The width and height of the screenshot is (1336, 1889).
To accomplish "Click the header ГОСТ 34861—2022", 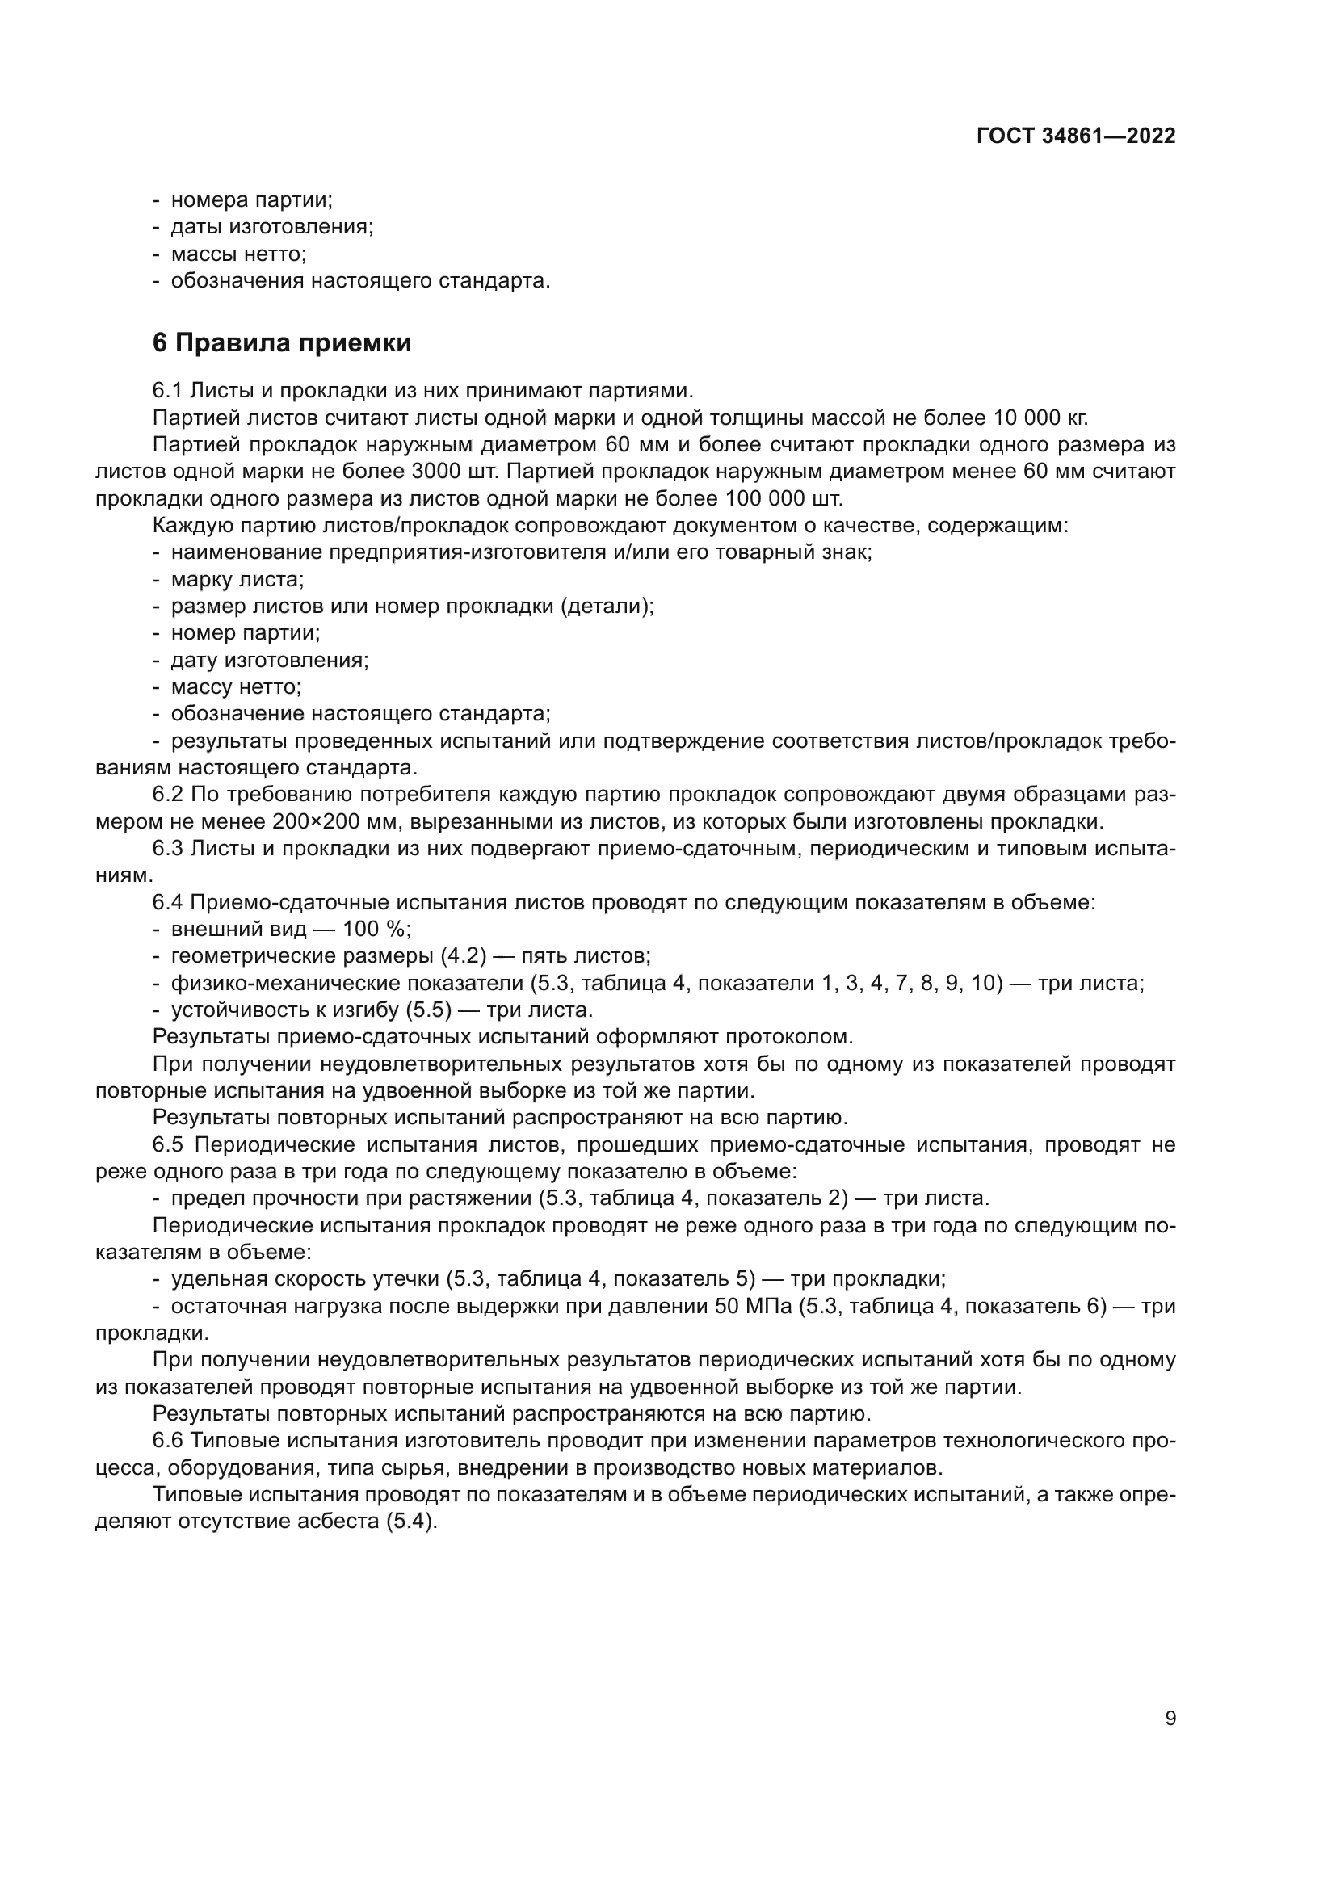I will (1075, 136).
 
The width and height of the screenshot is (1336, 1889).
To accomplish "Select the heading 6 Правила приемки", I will (281, 342).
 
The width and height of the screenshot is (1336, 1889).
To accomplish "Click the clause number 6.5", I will (170, 1144).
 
